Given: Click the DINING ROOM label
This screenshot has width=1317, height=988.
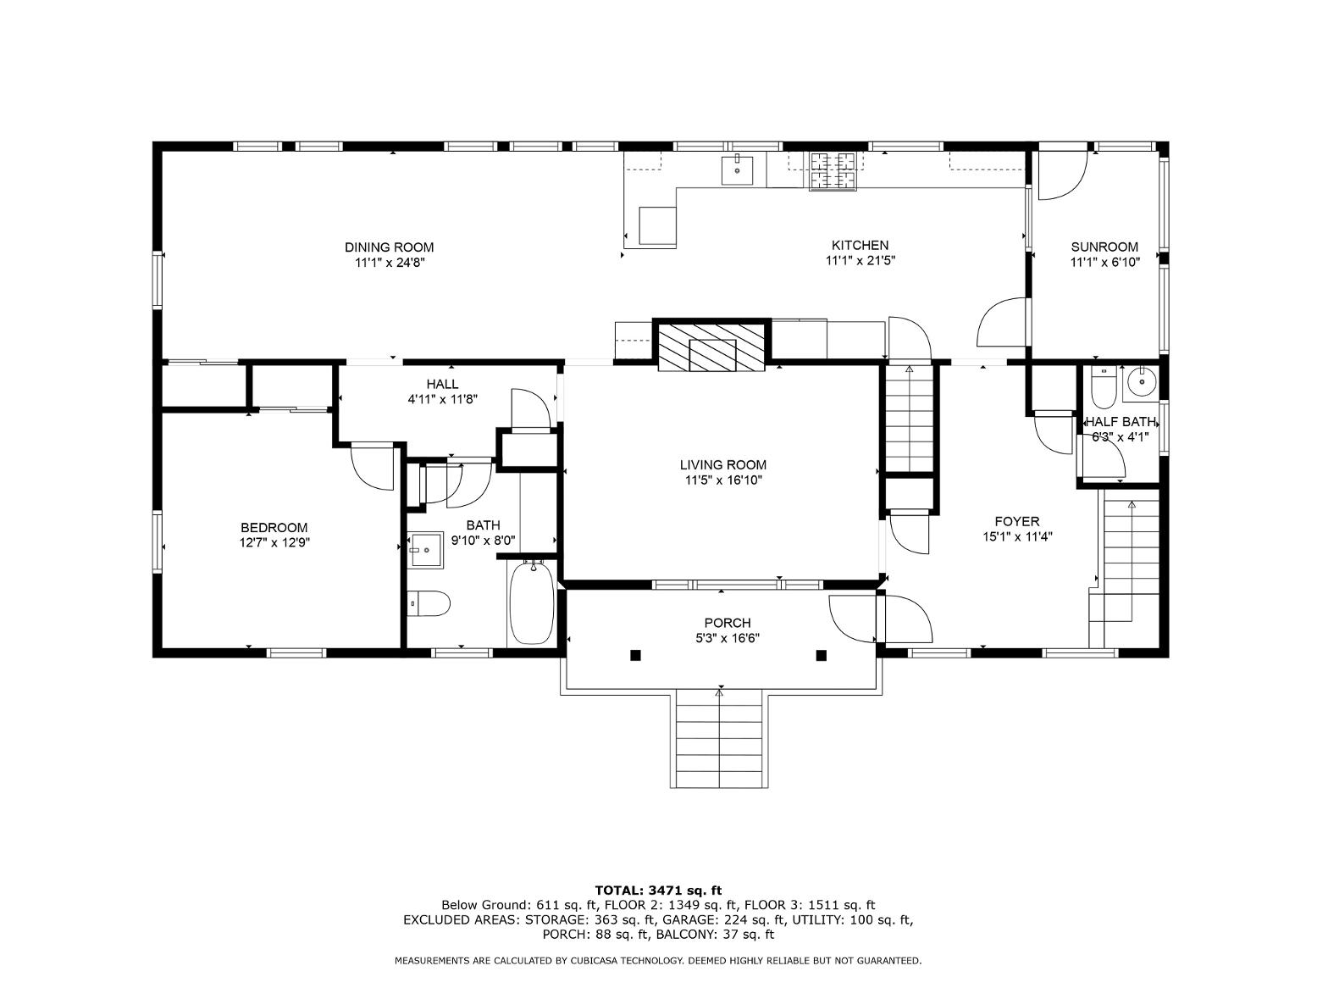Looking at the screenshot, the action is click(x=389, y=247).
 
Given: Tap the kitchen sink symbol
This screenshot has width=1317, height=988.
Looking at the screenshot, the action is click(x=736, y=169).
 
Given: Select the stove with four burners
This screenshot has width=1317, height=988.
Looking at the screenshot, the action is click(x=833, y=172).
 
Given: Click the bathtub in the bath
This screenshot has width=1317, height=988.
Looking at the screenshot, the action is click(x=532, y=602).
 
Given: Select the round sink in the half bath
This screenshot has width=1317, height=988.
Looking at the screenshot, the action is click(x=1140, y=380).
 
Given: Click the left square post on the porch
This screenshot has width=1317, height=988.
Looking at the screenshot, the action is click(x=635, y=656).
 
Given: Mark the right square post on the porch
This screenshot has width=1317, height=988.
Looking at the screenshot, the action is click(x=822, y=656).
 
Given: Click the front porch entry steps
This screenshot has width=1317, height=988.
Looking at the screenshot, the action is click(x=719, y=738).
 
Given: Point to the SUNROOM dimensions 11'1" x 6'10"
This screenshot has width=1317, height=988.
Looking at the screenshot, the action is click(x=1104, y=263).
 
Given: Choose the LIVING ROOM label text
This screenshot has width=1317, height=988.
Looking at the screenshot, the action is click(x=723, y=464).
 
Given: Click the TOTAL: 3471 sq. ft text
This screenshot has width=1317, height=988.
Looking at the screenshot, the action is click(x=658, y=891).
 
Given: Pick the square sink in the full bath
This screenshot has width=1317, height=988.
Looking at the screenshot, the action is click(x=426, y=550).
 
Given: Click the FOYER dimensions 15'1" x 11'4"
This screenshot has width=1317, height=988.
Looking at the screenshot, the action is click(x=1017, y=536).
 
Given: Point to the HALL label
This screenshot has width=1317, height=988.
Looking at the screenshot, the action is click(x=442, y=384).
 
